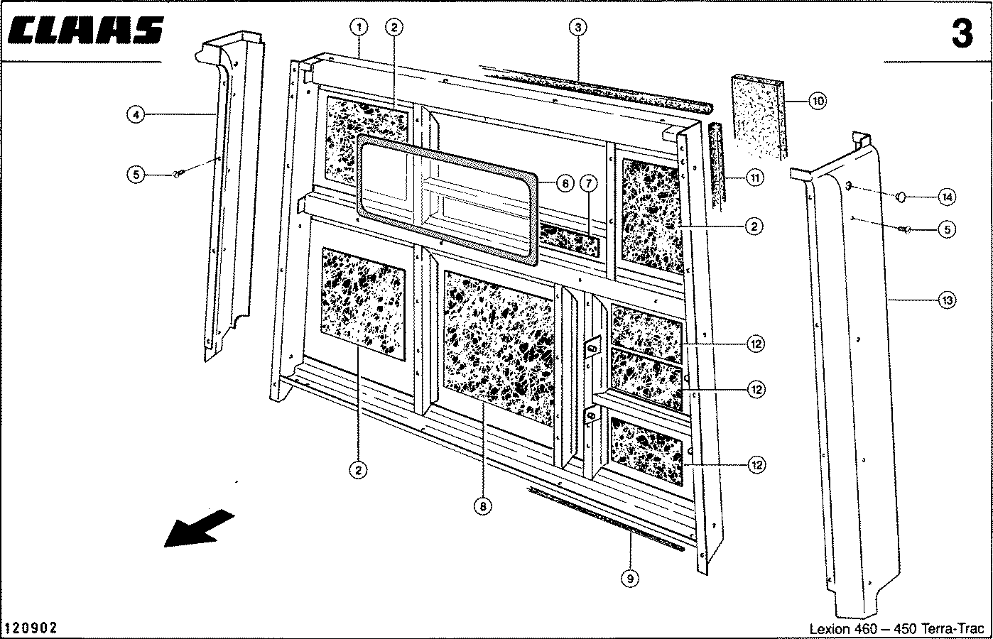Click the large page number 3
[x=962, y=33]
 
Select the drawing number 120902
[x=31, y=628]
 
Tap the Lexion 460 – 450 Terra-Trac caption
[x=896, y=629]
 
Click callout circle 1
[x=359, y=28]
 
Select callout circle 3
[x=578, y=28]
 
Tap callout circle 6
[x=564, y=183]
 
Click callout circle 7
[x=589, y=183]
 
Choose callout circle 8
[x=482, y=506]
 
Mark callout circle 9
[x=629, y=579]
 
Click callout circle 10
[x=817, y=101]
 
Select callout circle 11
[x=755, y=177]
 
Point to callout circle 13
[x=946, y=301]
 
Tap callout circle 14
[x=946, y=195]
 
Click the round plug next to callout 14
[x=901, y=196]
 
